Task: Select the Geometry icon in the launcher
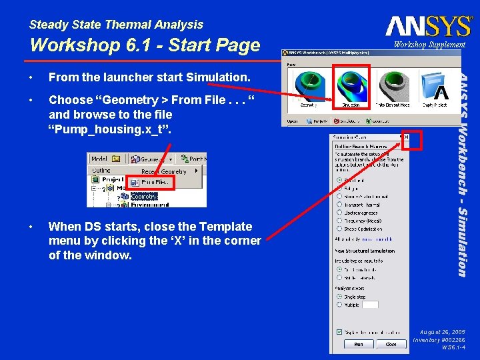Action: [309, 85]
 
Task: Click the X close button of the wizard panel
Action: [404, 137]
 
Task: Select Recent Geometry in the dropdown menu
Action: [164, 171]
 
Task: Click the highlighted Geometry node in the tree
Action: [143, 196]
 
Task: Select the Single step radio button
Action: [341, 297]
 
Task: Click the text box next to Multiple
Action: [370, 305]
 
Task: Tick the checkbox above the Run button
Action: [340, 331]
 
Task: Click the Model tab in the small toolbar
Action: [99, 159]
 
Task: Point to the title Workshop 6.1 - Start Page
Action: [145, 45]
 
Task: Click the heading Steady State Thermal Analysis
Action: [116, 25]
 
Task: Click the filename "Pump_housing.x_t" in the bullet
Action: [109, 129]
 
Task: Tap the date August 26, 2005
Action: [442, 331]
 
